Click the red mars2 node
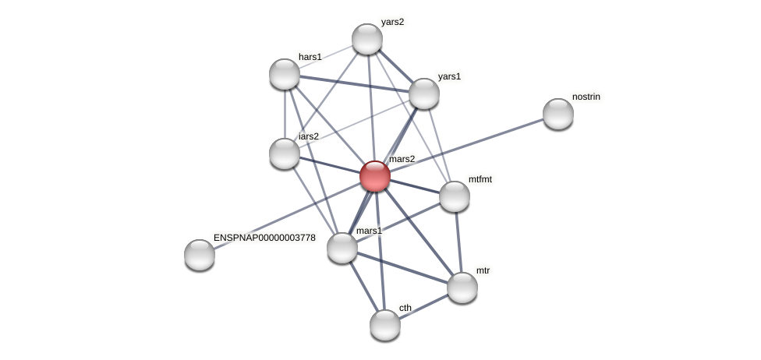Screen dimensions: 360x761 (375, 176)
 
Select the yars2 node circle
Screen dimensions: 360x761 (367, 39)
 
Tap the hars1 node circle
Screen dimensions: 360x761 (285, 74)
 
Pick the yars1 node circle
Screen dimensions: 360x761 (424, 94)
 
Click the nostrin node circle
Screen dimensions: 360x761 (558, 114)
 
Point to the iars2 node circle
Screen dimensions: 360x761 (285, 154)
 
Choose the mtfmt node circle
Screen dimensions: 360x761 (455, 196)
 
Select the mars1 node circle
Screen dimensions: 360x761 (342, 248)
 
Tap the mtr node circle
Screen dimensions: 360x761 (462, 288)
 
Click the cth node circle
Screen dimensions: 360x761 (385, 325)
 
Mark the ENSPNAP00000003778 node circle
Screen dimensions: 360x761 (200, 255)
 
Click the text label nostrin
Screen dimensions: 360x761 (586, 97)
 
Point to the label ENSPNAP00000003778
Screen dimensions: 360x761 (264, 238)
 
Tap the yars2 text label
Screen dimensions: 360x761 (392, 22)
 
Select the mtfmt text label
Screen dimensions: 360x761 (480, 179)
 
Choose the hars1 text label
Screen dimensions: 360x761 (310, 57)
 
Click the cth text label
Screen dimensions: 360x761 (405, 308)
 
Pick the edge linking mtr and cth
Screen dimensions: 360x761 (423, 306)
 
